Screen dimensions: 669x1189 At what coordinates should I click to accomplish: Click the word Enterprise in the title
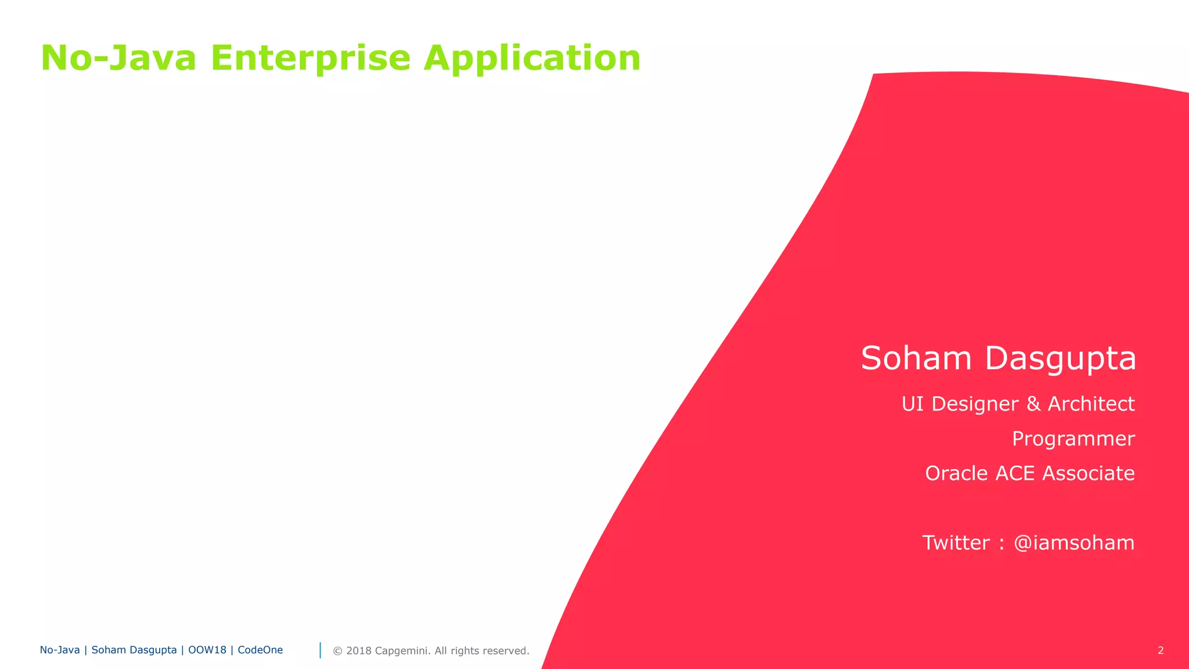[x=310, y=59]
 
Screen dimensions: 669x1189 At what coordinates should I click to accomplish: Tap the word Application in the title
[x=532, y=59]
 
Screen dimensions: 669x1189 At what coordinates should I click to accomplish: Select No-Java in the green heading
[x=118, y=59]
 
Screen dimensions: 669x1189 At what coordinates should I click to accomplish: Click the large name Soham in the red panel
[x=916, y=358]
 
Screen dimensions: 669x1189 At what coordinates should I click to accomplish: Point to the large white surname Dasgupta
[x=1060, y=359]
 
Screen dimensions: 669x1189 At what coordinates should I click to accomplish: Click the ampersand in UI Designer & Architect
[x=1033, y=404]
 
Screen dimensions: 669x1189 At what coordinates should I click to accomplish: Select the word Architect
[x=1091, y=404]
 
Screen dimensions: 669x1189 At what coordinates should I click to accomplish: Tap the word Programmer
[x=1073, y=439]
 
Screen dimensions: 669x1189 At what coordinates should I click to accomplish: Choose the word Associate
[x=1088, y=473]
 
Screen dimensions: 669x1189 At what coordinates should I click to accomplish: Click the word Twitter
[x=956, y=542]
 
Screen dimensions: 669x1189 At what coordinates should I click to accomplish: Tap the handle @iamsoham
[x=1073, y=543]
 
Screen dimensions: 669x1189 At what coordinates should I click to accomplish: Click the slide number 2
[x=1161, y=650]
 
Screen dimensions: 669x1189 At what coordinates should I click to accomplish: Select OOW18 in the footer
[x=207, y=650]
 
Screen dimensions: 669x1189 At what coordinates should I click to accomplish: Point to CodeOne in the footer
[x=260, y=650]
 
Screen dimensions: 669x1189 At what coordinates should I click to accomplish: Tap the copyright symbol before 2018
[x=337, y=651]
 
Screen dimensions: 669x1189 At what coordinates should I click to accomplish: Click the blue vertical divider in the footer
[x=320, y=650]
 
